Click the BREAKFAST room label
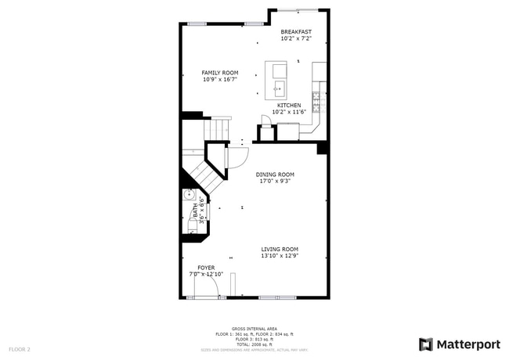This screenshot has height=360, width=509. pos(296,32)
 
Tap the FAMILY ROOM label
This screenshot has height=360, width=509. pos(220,73)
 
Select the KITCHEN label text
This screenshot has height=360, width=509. pos(288,105)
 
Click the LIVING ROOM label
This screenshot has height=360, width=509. pos(280,250)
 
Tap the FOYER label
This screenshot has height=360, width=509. pos(206,268)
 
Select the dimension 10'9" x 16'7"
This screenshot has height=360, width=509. pos(220,79)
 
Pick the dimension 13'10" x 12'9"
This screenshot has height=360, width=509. pos(280,256)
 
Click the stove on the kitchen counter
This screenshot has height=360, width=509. pos(317,99)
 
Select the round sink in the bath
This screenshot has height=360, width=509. pos(188,196)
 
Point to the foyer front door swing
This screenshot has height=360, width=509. pos(205,289)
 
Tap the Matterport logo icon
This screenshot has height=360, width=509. pos(425,344)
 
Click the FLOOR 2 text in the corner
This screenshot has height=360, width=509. pos(20,349)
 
